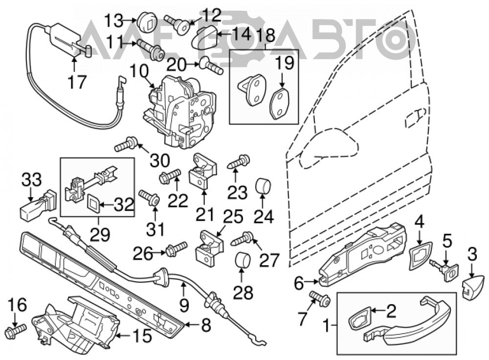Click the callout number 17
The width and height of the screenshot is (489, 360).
[x=77, y=82]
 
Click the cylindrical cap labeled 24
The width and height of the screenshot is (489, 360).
[x=263, y=186]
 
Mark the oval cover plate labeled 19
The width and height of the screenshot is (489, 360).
[x=280, y=104]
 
